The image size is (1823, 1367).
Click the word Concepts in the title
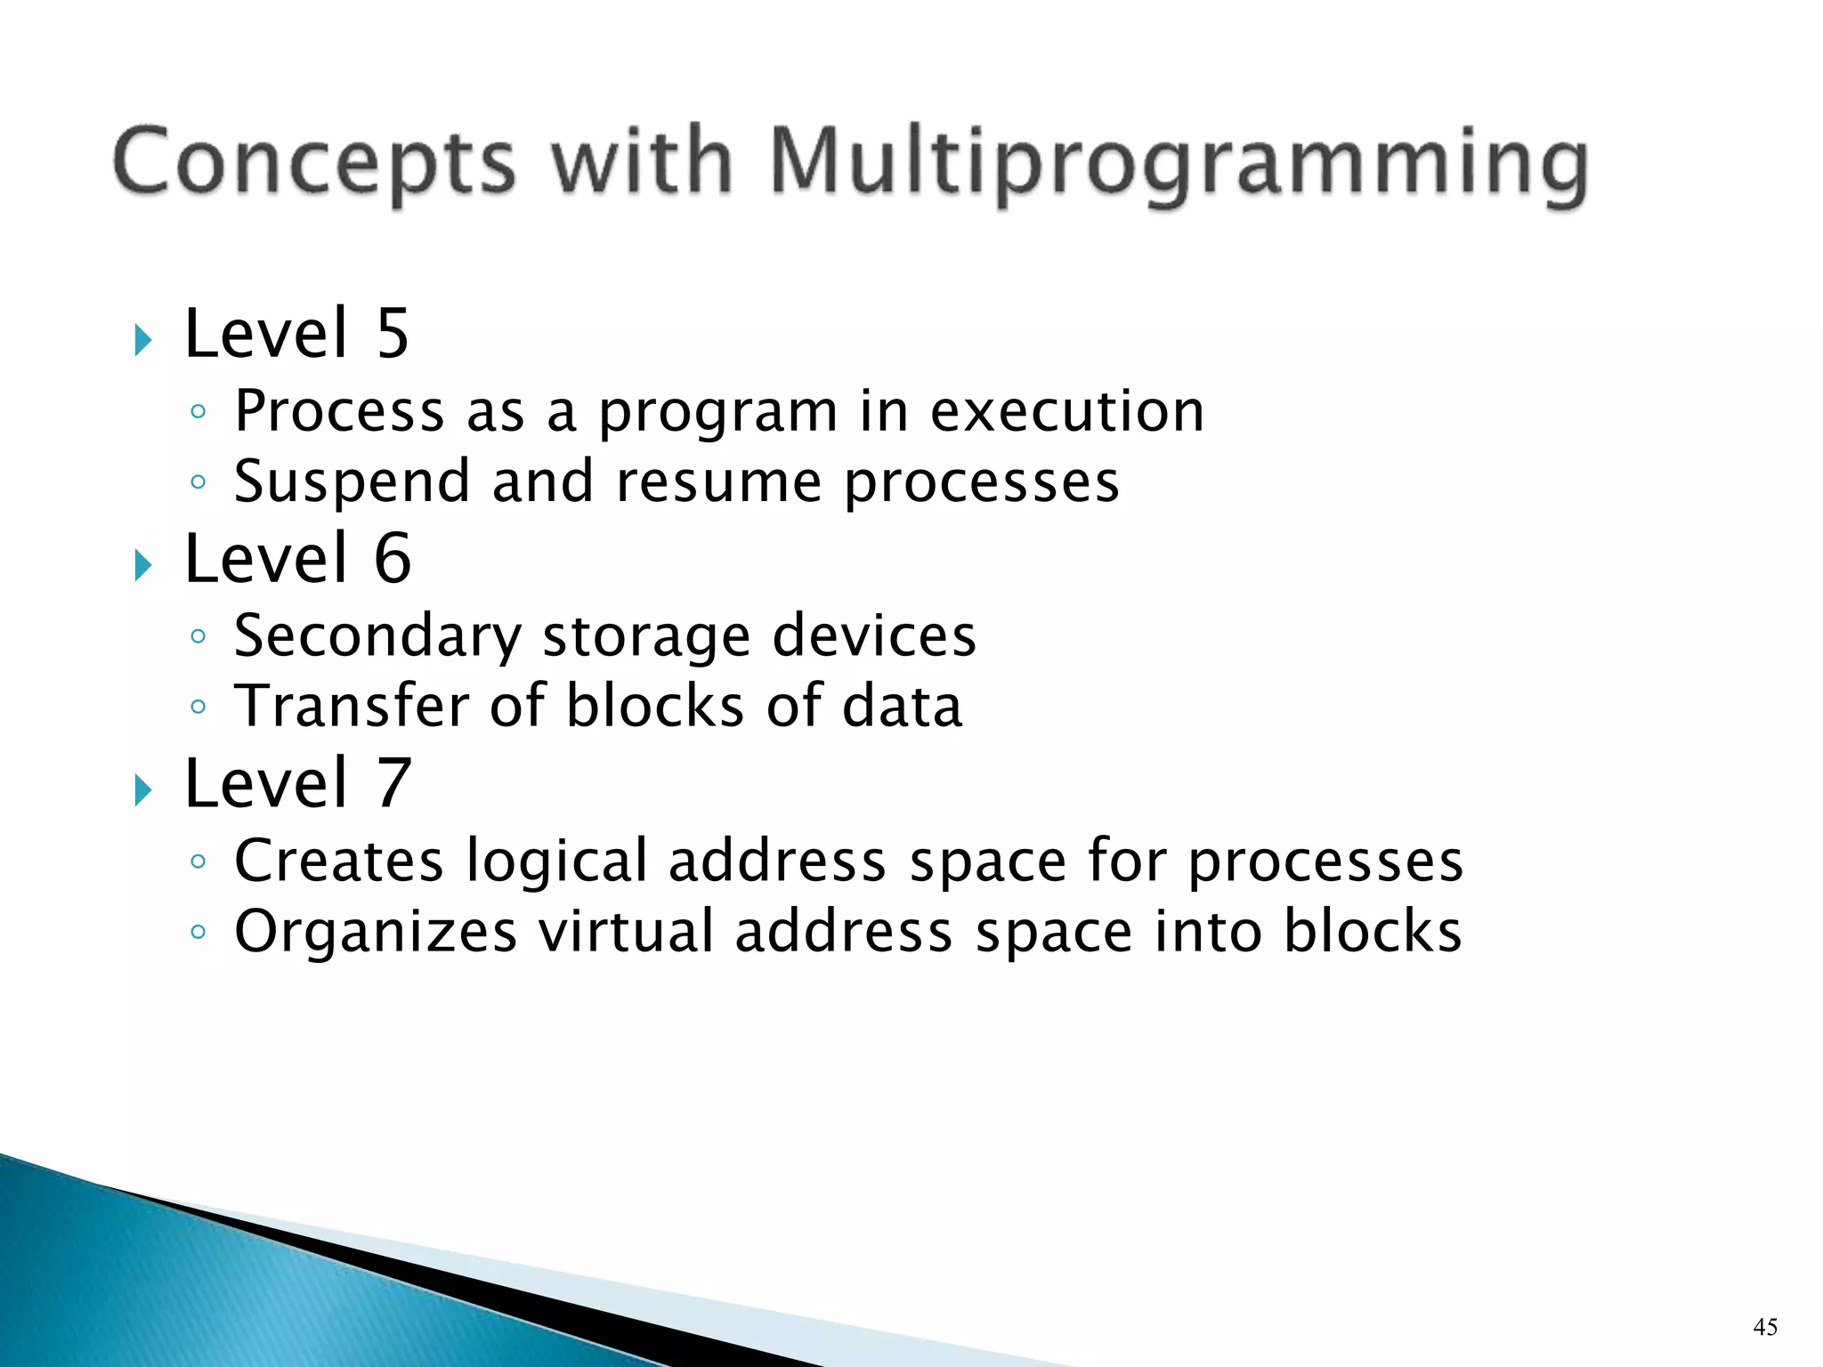tap(314, 163)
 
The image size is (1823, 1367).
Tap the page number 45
tap(1764, 1327)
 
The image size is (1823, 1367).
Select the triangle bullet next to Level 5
tap(142, 340)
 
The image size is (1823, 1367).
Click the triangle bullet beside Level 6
tap(142, 565)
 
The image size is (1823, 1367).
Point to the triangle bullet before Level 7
tap(142, 789)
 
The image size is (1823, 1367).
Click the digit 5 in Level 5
tap(392, 334)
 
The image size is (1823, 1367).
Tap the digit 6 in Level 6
tap(392, 559)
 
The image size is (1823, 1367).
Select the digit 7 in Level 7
tap(392, 783)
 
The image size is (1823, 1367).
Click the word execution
tap(1066, 411)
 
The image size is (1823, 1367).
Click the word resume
tap(718, 482)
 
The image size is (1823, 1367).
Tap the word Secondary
tap(377, 636)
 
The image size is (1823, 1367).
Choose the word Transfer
tap(351, 706)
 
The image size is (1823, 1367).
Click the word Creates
tap(338, 861)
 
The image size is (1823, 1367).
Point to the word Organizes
tap(375, 932)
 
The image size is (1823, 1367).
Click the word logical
tap(556, 861)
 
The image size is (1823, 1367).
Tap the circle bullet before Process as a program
tap(199, 412)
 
